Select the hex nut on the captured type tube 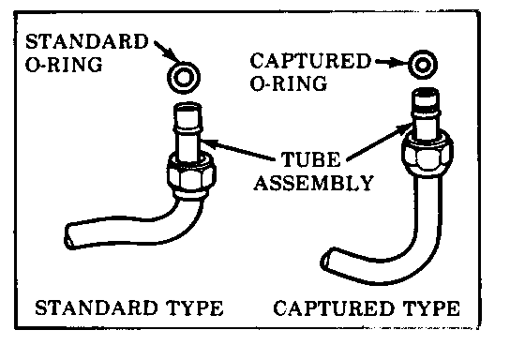[x=427, y=154]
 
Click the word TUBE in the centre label [x=311, y=159]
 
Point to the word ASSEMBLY [x=314, y=183]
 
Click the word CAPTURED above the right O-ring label [x=310, y=61]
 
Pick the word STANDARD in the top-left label [x=87, y=41]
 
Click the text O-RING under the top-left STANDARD [x=64, y=65]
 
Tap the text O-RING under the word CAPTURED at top [x=289, y=83]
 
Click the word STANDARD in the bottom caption [x=96, y=307]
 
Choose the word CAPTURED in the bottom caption [x=334, y=307]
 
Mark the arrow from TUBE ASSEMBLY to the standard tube [x=238, y=150]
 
